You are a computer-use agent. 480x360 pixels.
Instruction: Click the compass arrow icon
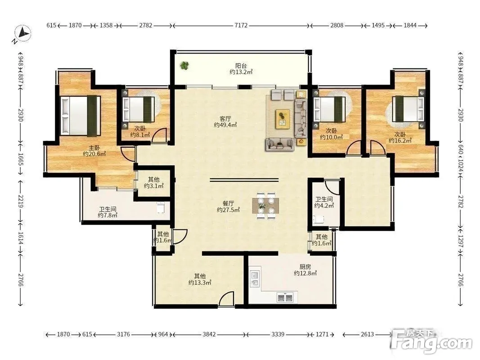click(23, 33)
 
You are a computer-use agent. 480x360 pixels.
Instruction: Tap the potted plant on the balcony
click(184, 65)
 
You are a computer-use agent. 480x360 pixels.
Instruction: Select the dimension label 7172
click(241, 25)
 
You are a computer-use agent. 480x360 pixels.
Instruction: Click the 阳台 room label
click(241, 66)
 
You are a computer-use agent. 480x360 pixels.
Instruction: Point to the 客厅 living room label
click(225, 118)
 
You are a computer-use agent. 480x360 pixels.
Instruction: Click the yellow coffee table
click(283, 119)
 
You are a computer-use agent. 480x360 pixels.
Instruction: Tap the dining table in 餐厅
click(265, 205)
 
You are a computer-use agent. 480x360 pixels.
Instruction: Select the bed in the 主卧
click(81, 115)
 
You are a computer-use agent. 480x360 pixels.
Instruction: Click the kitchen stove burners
click(285, 297)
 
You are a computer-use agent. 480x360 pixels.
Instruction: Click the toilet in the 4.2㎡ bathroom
click(319, 219)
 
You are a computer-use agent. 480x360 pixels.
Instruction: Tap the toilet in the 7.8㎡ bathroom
click(161, 207)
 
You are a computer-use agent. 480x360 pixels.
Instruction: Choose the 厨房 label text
click(305, 267)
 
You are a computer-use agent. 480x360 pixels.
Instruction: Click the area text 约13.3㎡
click(200, 283)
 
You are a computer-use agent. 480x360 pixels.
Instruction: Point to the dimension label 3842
click(209, 334)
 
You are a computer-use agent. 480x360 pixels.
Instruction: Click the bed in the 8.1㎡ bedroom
click(139, 110)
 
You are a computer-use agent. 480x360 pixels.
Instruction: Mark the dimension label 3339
click(278, 334)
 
